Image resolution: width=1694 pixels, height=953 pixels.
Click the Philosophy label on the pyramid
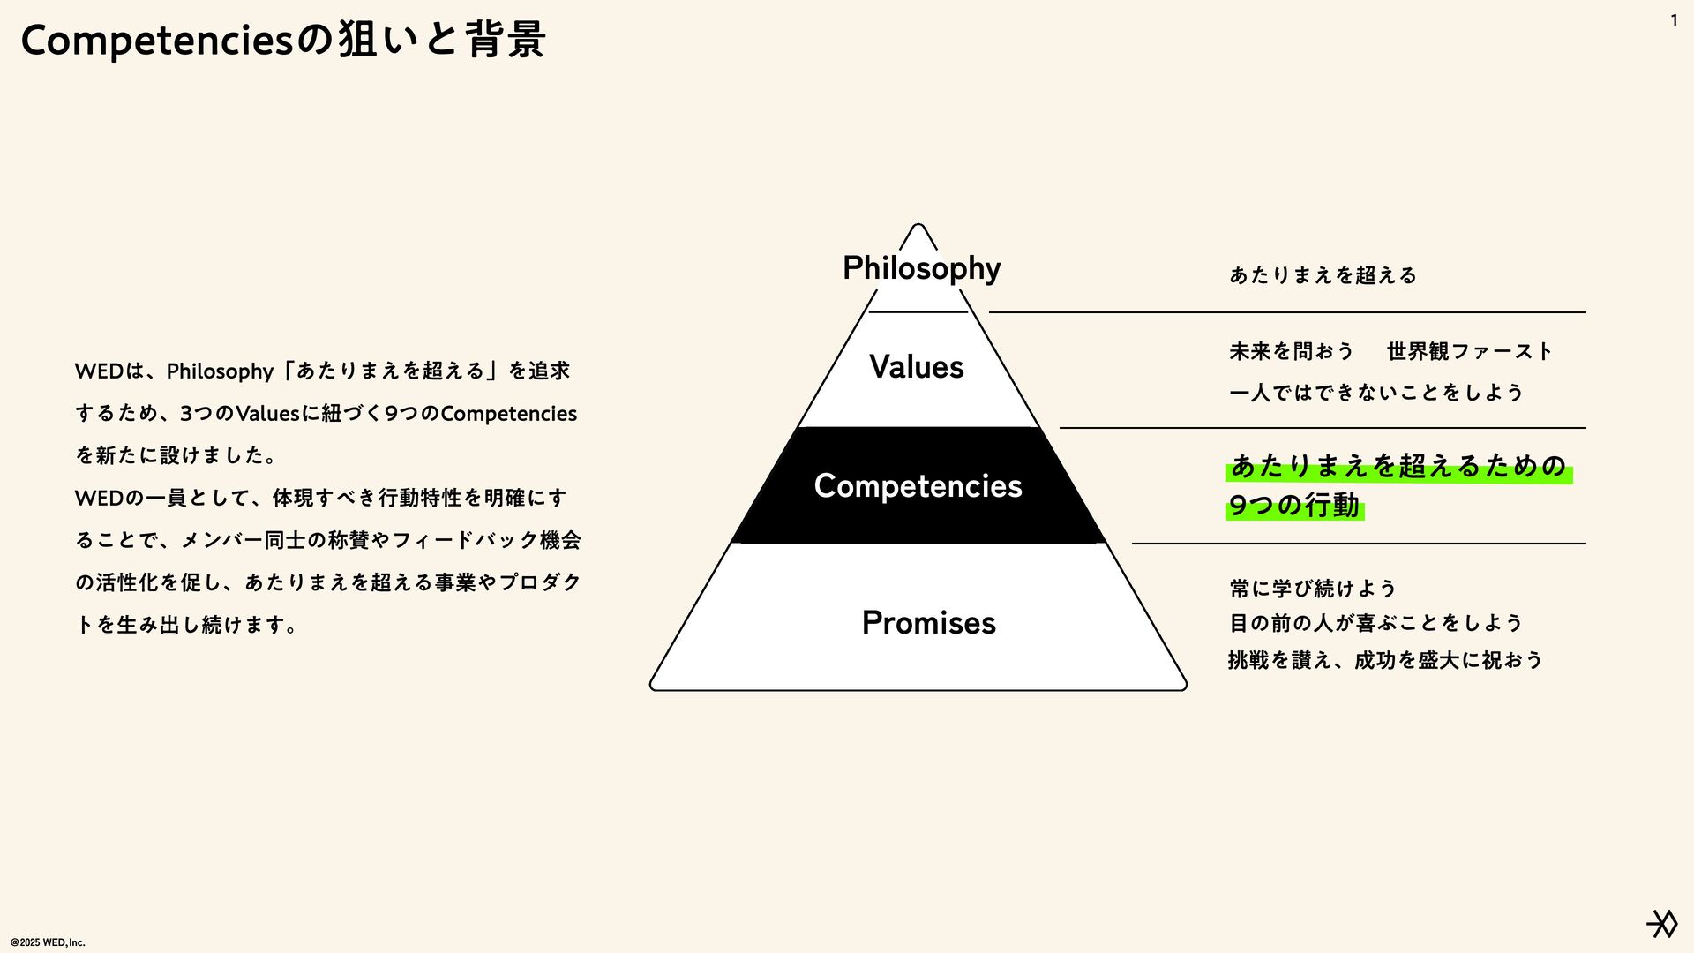click(921, 268)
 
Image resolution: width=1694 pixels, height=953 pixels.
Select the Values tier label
click(917, 367)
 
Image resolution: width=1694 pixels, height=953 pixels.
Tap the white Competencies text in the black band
click(918, 486)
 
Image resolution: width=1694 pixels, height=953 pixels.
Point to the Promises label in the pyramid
click(928, 623)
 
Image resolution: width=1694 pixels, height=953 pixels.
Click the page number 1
click(1674, 20)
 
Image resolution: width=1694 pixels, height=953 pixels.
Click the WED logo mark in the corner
click(1662, 924)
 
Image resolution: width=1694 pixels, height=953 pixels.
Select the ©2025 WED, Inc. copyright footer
click(48, 942)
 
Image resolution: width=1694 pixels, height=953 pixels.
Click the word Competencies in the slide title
click(156, 41)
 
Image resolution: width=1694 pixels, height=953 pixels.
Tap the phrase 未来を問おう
click(1291, 351)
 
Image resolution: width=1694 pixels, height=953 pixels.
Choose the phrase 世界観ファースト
click(1469, 351)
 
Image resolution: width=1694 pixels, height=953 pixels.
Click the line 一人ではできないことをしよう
click(1376, 393)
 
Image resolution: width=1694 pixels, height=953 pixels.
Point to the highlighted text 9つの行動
click(1293, 506)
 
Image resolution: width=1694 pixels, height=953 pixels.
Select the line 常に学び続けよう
click(1313, 589)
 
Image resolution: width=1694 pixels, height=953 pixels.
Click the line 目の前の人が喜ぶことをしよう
click(1376, 623)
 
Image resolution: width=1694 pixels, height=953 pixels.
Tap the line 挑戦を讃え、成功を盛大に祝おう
click(1385, 660)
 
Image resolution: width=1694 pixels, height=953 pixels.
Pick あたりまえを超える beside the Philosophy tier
click(1323, 275)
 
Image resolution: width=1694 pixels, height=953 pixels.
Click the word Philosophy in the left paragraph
click(220, 371)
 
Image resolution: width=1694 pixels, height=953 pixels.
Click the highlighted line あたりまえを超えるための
click(1398, 466)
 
